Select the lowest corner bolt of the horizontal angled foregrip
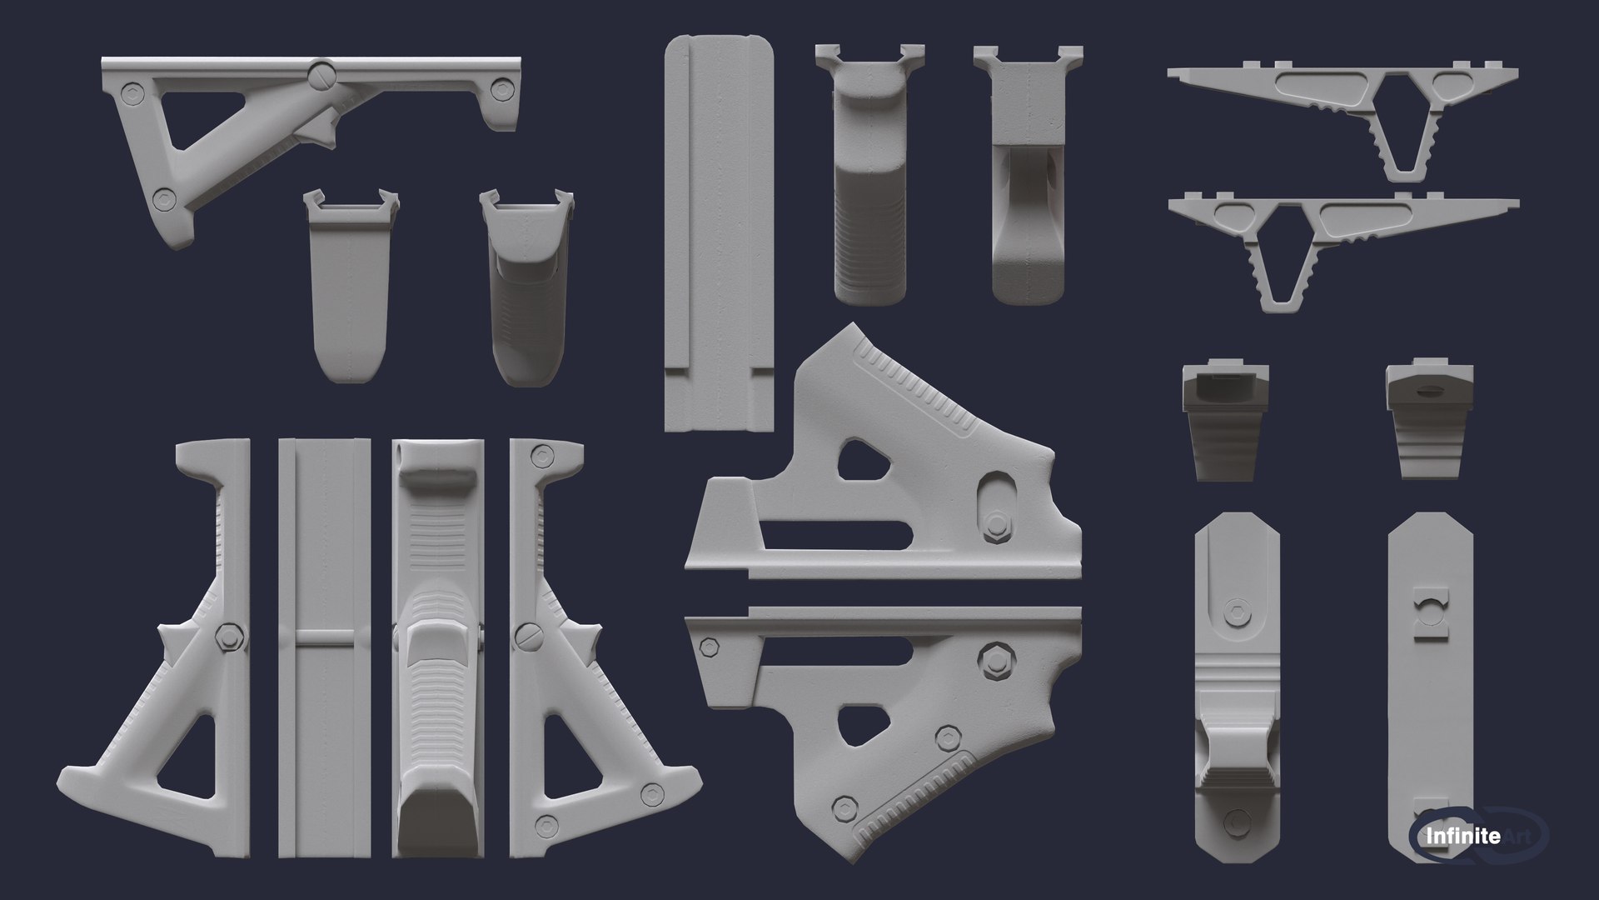click(x=165, y=198)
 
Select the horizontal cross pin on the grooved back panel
click(x=323, y=638)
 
